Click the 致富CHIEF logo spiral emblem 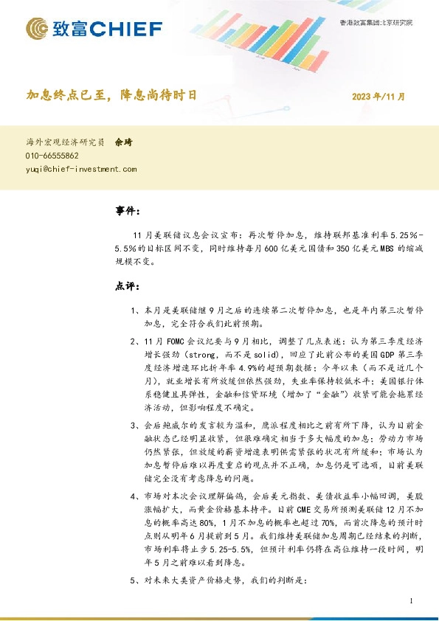pyautogui.click(x=37, y=30)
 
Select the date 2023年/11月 pyautogui.click(x=378, y=96)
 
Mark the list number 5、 pyautogui.click(x=134, y=580)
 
